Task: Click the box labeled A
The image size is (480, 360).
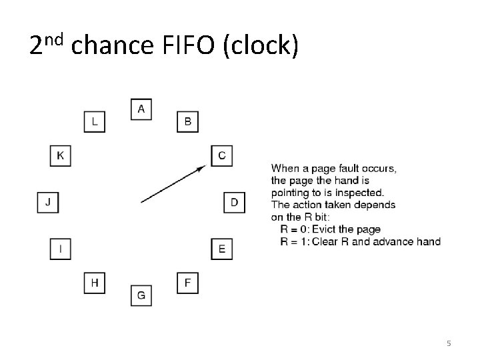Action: (141, 109)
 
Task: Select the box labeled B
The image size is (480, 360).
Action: (187, 122)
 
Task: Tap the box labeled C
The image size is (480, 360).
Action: (221, 155)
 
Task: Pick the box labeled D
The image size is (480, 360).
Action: (234, 202)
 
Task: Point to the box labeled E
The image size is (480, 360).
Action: (221, 249)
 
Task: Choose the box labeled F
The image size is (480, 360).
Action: (187, 283)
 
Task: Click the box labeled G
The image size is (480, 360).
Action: (141, 295)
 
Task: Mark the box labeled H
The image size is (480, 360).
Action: (94, 283)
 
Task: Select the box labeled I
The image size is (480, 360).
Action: (61, 249)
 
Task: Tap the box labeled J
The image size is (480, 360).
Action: (47, 202)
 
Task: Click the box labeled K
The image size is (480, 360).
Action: (61, 155)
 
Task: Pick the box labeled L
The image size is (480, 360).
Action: (94, 122)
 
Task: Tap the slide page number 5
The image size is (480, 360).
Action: (449, 343)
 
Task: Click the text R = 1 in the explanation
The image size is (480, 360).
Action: (293, 241)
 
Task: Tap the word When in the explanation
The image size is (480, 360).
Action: (285, 169)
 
